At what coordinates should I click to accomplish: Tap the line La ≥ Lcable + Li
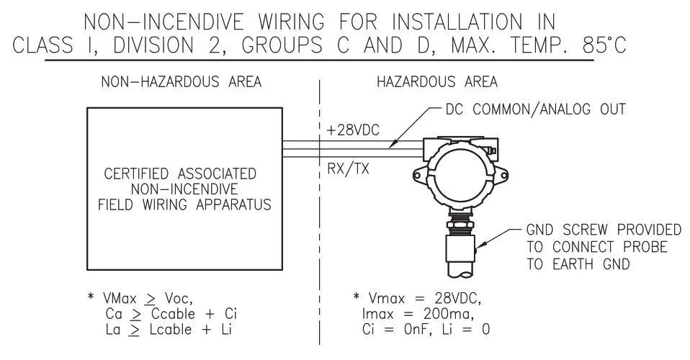coord(169,330)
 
